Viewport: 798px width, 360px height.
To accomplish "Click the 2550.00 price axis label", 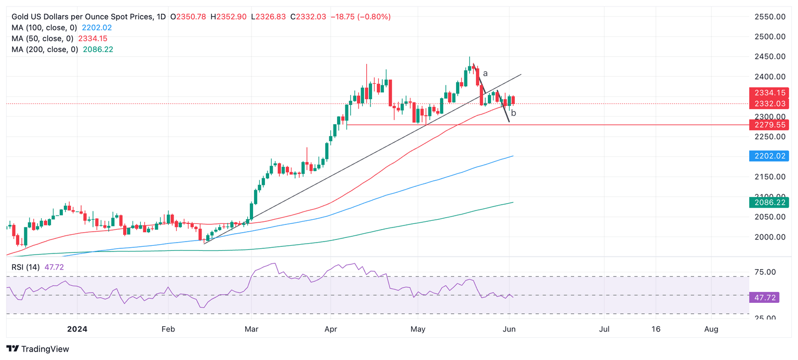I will [x=769, y=17].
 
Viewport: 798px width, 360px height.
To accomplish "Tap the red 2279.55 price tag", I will [x=769, y=125].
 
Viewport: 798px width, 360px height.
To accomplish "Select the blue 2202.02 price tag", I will [x=769, y=156].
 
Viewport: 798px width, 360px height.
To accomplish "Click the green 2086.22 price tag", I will [x=769, y=202].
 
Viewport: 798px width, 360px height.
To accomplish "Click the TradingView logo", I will [x=37, y=349].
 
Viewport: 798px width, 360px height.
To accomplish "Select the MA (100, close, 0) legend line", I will [x=62, y=28].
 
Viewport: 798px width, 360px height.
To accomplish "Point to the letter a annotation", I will [x=485, y=73].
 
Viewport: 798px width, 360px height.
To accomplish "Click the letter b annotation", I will [x=513, y=113].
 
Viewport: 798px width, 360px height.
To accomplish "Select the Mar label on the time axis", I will [x=251, y=329].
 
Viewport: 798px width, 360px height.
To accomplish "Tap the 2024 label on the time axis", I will [x=77, y=329].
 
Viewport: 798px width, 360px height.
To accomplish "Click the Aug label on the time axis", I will [x=711, y=329].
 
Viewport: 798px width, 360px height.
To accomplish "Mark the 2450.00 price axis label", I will [x=769, y=57].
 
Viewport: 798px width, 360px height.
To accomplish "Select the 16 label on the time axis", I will [x=656, y=329].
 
